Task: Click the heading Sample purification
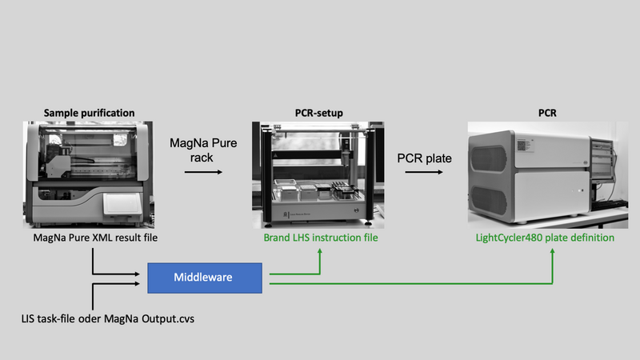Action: [x=89, y=113]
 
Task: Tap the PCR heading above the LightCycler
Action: [x=548, y=113]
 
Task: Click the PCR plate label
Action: [x=424, y=158]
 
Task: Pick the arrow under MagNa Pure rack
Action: [x=191, y=173]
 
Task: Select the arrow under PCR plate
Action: [x=424, y=173]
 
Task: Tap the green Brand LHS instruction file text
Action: [x=320, y=238]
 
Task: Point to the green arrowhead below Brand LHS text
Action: [x=321, y=250]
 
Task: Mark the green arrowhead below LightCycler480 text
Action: [x=553, y=250]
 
